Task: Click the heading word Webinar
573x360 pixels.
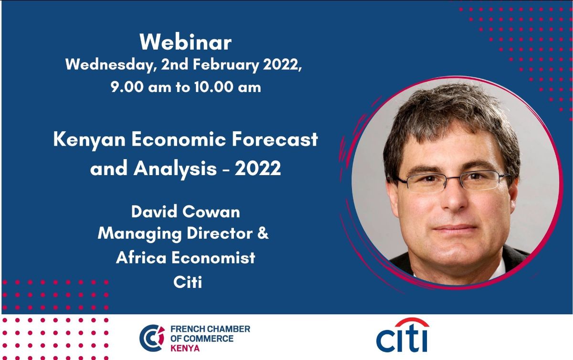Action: tap(185, 42)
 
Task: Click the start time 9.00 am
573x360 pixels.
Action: tap(140, 87)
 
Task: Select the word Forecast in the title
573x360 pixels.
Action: tap(275, 140)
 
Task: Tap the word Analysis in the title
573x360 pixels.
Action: tap(175, 169)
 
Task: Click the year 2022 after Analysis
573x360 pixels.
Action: tap(257, 169)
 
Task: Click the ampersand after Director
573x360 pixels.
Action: tap(263, 233)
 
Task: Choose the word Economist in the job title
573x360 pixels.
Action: tap(213, 257)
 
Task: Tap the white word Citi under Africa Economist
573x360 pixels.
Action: tap(188, 282)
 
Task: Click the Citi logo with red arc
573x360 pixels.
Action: tap(403, 335)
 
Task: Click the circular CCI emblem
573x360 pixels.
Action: tap(152, 338)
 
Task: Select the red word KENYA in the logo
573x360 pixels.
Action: tap(185, 349)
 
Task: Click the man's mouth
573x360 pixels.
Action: tap(455, 228)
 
